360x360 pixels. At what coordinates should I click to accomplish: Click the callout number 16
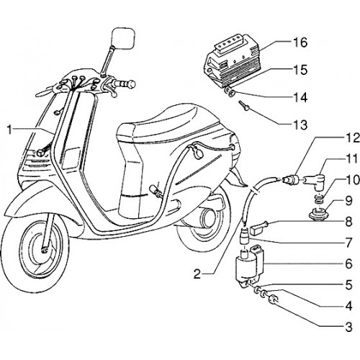[300, 42]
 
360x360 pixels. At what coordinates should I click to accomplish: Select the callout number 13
[300, 125]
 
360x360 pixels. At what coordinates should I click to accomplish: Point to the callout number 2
[197, 274]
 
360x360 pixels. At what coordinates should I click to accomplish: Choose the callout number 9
[348, 201]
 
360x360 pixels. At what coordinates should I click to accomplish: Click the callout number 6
[348, 264]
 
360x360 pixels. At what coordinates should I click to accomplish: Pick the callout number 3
[348, 327]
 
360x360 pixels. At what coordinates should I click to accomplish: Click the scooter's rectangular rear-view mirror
[123, 38]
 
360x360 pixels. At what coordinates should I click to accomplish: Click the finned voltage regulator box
[233, 62]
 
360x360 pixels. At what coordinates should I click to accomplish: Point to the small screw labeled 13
[243, 106]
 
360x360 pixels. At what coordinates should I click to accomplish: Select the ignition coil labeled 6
[250, 265]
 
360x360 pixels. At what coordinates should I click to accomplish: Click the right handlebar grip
[124, 84]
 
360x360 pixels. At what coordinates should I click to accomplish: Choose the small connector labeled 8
[258, 228]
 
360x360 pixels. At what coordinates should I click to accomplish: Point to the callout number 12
[352, 139]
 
